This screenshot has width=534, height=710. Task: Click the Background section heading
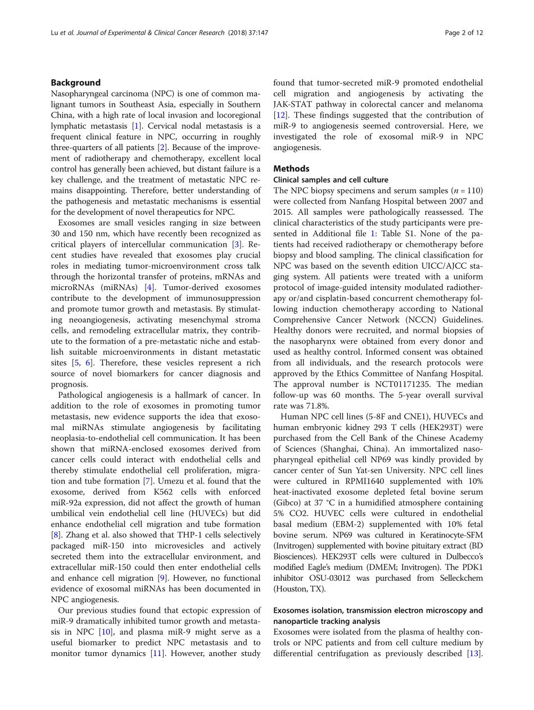point(75,83)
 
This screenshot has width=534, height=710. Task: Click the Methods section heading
point(291,169)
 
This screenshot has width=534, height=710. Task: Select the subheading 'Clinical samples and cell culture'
point(331,180)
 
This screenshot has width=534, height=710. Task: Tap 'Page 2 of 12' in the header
point(464,33)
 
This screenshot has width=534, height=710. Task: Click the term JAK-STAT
point(295,105)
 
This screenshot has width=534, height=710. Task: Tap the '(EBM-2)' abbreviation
point(355,524)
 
